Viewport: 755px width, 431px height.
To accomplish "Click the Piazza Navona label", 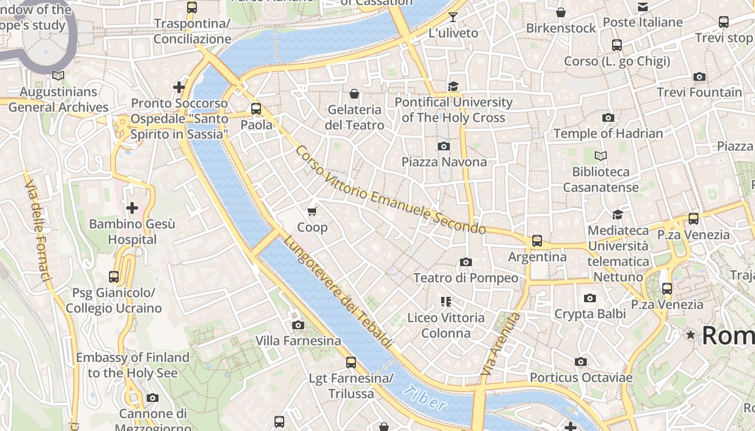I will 444,162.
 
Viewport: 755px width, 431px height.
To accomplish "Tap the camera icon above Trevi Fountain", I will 699,77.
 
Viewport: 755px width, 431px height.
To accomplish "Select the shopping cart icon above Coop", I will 312,211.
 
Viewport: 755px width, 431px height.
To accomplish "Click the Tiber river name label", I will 424,398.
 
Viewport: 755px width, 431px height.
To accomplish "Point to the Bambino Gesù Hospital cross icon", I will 132,208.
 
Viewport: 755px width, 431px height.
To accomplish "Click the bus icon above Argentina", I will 537,241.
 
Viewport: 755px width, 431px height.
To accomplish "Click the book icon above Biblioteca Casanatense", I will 600,156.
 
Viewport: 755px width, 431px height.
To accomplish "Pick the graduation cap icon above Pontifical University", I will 453,86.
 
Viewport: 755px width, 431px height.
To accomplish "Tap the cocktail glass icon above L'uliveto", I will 453,17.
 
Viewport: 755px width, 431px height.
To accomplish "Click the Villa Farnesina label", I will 298,340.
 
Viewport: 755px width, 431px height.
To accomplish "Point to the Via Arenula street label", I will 501,344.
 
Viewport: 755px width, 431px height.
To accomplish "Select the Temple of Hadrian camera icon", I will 608,117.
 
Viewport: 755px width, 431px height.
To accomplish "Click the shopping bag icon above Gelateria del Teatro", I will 354,94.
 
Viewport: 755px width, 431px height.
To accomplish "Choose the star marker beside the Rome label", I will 690,335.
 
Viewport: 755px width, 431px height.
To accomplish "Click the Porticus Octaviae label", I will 581,377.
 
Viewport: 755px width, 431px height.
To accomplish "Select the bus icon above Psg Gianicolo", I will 114,277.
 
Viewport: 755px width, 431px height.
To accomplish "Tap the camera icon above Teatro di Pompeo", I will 465,262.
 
